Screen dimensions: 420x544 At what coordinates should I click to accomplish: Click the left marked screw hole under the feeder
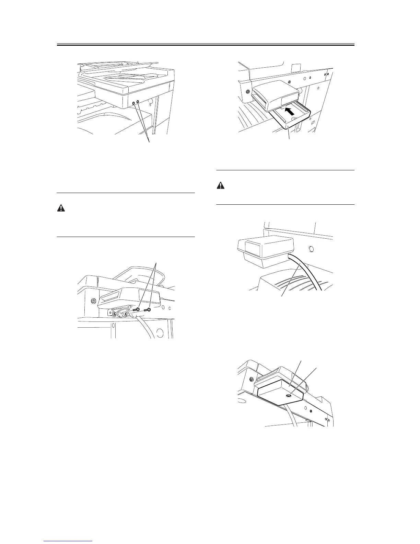tap(133, 103)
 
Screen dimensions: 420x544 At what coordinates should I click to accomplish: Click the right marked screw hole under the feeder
tap(138, 102)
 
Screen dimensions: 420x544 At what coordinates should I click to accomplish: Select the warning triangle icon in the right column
tap(220, 185)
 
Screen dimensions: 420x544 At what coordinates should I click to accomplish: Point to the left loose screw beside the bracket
tap(136, 310)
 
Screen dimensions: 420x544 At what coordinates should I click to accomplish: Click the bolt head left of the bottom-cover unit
tap(252, 379)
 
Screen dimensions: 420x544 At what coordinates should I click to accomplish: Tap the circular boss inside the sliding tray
tap(294, 118)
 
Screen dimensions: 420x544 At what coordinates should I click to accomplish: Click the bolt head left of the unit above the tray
tap(247, 92)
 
